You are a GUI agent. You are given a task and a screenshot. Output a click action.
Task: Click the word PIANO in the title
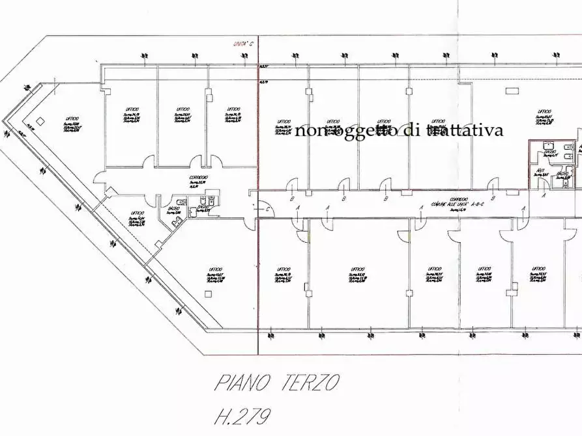coord(244,383)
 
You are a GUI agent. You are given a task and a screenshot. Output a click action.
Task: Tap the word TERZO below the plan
coord(308,383)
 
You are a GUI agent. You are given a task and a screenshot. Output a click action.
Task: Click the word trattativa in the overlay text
coord(464,130)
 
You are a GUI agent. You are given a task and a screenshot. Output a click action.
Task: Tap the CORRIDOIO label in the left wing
coord(199,178)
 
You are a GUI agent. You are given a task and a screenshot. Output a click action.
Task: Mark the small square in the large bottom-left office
coord(208,293)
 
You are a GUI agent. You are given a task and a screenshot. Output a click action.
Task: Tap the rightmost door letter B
coord(493,198)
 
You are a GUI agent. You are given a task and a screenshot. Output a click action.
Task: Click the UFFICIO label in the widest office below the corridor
coord(357,269)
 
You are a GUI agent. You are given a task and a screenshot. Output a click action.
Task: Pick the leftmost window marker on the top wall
coord(144,57)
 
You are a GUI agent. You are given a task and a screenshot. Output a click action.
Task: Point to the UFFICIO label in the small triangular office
coord(136,213)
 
